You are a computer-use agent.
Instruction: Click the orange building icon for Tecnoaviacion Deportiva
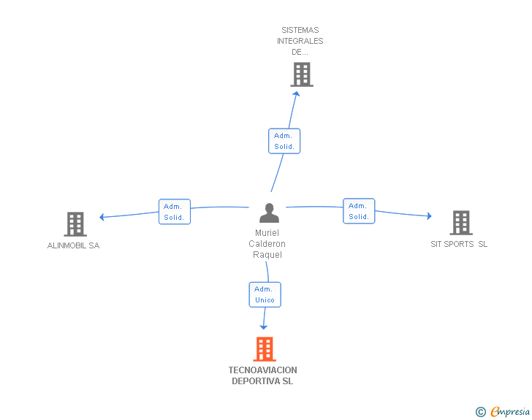pos(265,348)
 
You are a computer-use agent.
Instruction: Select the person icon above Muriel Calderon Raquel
pos(269,213)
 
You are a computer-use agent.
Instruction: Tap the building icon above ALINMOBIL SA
pos(75,224)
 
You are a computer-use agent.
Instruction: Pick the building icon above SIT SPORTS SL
pos(461,223)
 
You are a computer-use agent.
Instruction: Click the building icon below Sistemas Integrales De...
pos(302,75)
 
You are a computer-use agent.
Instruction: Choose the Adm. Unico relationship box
pos(265,294)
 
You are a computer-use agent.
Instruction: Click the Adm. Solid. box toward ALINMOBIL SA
pos(175,212)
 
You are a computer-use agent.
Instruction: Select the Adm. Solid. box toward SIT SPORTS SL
pos(359,211)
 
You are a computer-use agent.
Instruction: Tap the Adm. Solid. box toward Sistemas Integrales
pos(284,141)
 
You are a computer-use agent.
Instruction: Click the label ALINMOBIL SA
pos(73,245)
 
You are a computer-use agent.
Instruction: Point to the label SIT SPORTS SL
pos(459,244)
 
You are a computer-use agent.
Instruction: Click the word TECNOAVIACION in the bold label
pos(262,370)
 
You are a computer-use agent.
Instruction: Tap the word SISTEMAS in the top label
pos(300,30)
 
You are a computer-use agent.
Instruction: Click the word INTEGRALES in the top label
pos(300,41)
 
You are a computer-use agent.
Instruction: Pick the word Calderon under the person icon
pos(267,244)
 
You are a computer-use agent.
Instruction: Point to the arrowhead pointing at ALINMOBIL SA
pos(102,217)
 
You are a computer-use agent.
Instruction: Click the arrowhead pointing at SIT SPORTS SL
pos(429,215)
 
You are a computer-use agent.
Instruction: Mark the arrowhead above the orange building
pos(264,327)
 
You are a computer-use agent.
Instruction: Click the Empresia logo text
pos(510,411)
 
